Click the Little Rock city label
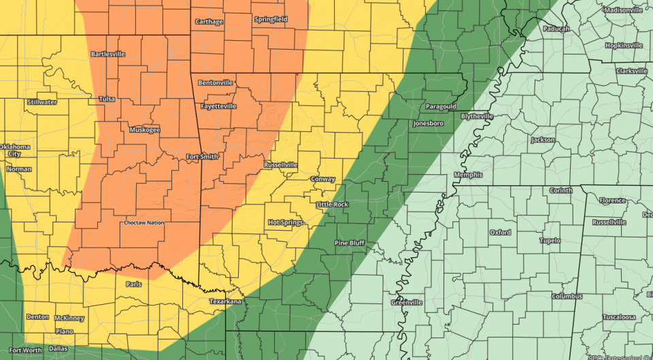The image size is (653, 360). tap(332, 204)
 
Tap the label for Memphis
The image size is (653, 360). tap(468, 175)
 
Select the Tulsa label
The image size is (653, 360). tap(107, 99)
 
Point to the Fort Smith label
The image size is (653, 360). tap(203, 157)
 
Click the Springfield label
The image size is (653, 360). tap(271, 19)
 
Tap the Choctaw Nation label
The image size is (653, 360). tap(144, 223)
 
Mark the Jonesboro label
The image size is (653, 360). tap(428, 123)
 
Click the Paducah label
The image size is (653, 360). tap(556, 29)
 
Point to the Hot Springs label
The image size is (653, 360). tap(286, 222)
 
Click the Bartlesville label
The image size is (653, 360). tap(109, 53)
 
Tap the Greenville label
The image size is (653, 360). tap(407, 301)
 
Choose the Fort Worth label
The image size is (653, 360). tap(25, 350)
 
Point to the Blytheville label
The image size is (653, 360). tap(477, 116)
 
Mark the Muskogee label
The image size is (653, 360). tap(144, 129)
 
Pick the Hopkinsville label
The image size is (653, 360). tap(624, 46)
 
